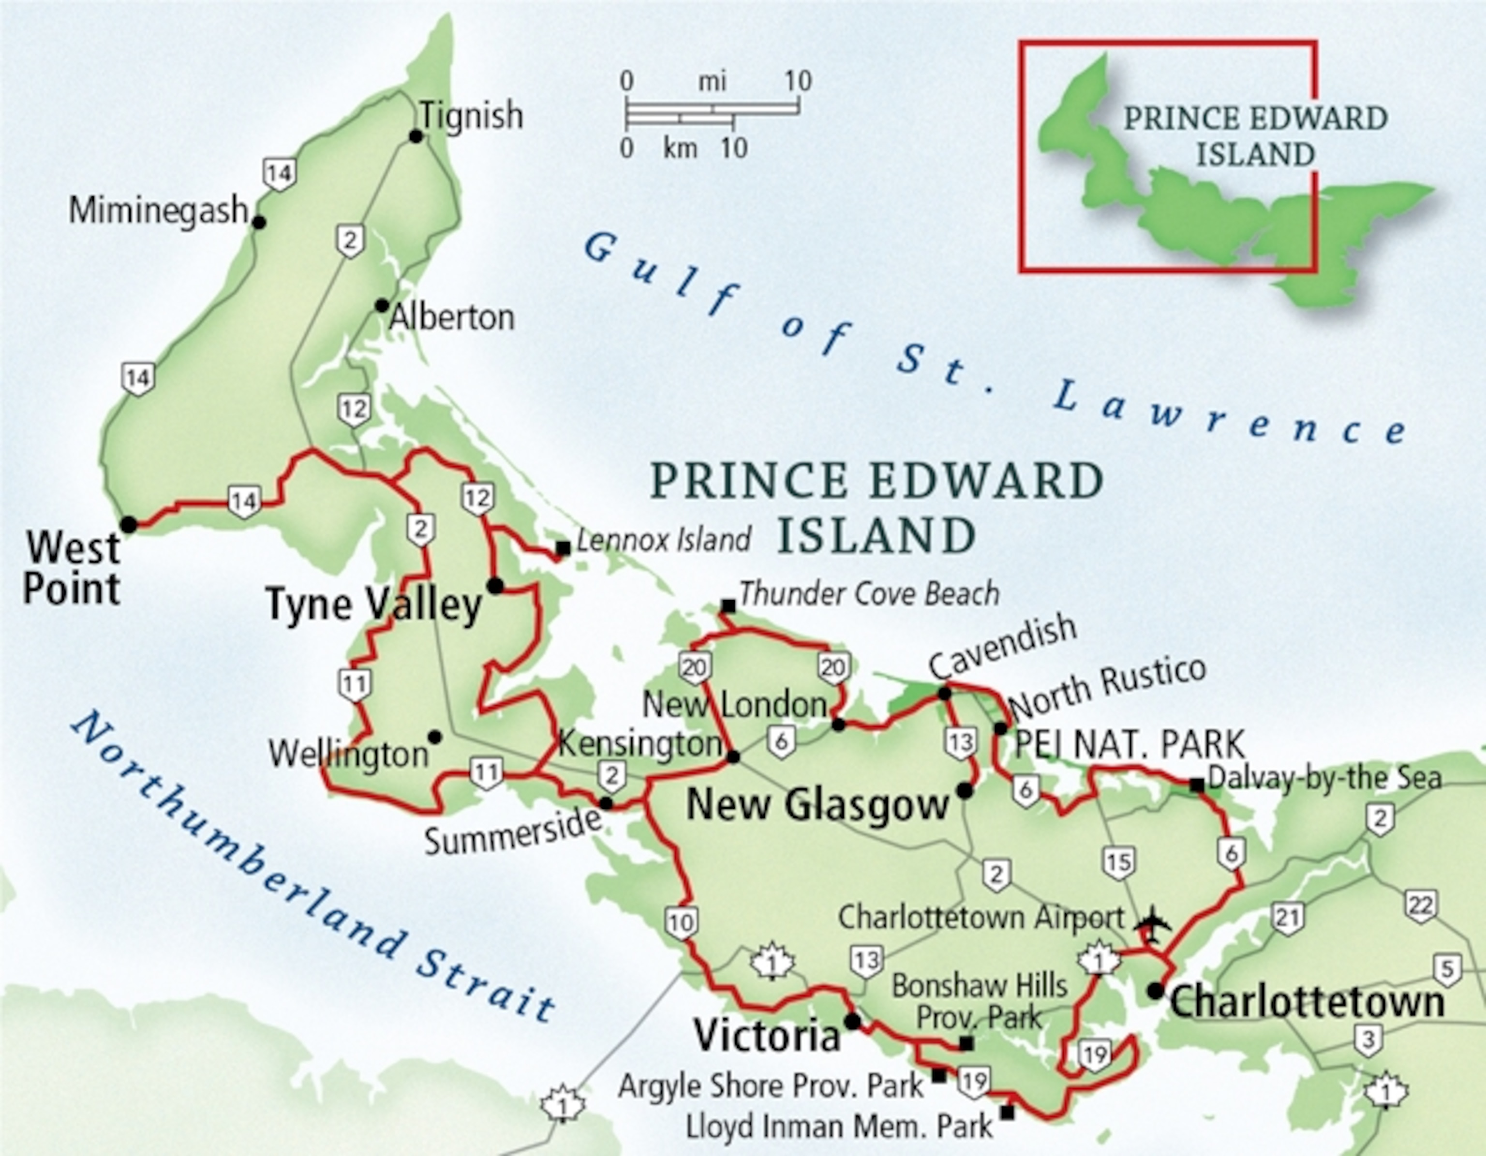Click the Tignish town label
471,116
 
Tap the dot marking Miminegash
259,222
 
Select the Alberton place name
452,318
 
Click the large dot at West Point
129,525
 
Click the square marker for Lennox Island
563,548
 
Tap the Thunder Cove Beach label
869,594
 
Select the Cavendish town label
1002,647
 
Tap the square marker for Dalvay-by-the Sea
1196,785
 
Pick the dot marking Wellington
435,737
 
